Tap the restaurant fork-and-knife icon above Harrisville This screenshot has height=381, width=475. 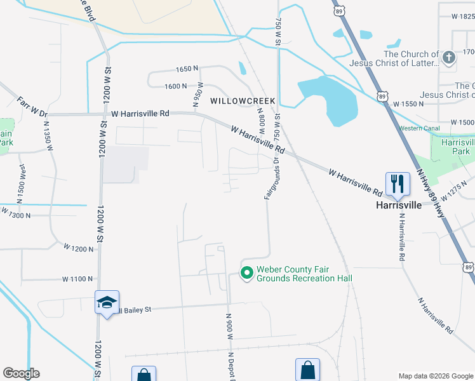(397, 184)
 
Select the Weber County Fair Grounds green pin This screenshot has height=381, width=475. (246, 273)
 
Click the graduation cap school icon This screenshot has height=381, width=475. (106, 302)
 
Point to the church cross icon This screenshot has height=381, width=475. (448, 58)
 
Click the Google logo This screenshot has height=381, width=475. (21, 373)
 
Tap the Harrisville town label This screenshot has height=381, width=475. (398, 206)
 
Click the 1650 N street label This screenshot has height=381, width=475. (187, 69)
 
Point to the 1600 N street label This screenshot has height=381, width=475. (176, 86)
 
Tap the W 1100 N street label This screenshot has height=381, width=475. (77, 279)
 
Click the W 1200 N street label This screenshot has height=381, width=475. (78, 249)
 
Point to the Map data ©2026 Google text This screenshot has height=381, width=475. (435, 376)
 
